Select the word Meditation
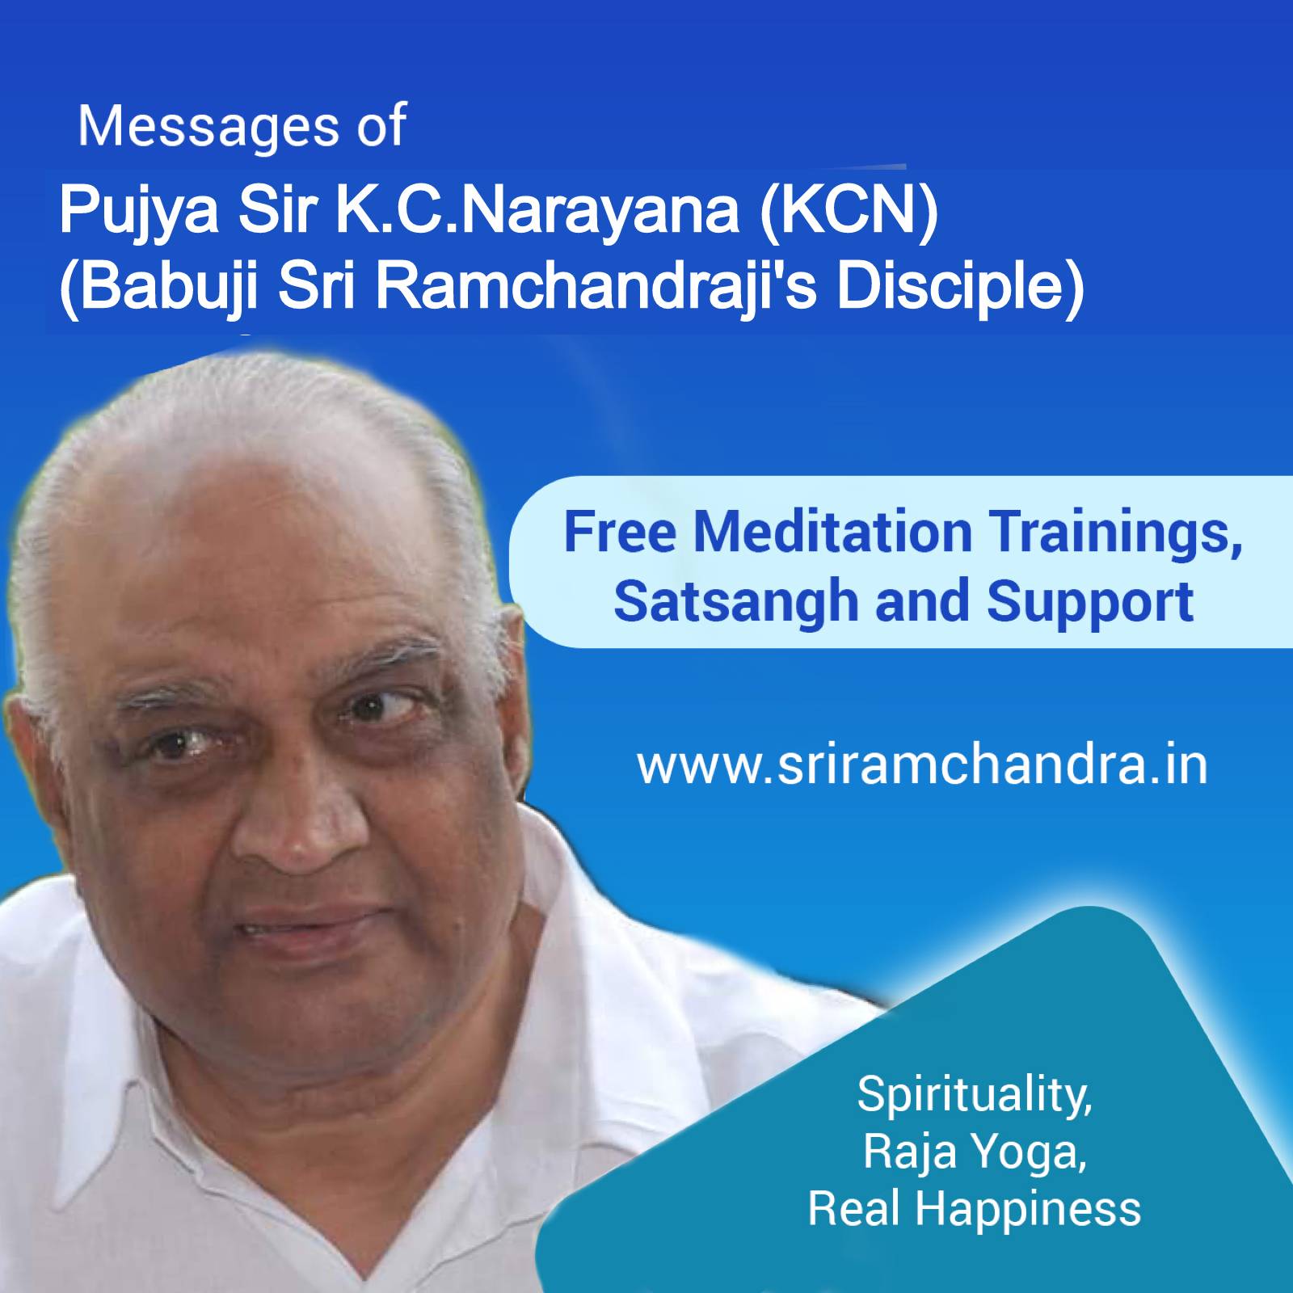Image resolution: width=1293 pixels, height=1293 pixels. pyautogui.click(x=832, y=533)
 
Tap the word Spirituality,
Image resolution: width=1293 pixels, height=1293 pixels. pyautogui.click(x=974, y=1095)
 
